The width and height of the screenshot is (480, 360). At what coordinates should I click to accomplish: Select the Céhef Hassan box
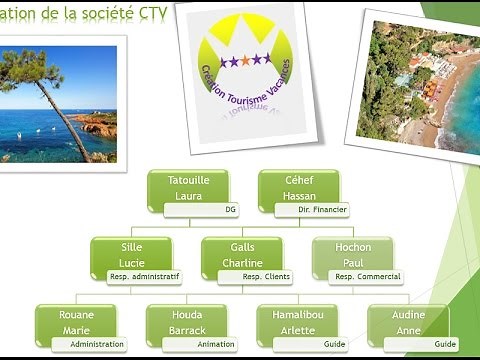click(x=299, y=186)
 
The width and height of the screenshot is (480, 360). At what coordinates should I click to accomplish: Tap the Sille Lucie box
click(x=131, y=253)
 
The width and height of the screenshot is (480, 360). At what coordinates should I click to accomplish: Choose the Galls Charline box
click(x=242, y=253)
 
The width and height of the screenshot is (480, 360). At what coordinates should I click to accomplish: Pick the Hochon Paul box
click(x=354, y=253)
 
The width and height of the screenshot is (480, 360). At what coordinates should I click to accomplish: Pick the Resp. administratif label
click(x=145, y=277)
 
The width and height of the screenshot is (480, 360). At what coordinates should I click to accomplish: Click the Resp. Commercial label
click(x=367, y=277)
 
